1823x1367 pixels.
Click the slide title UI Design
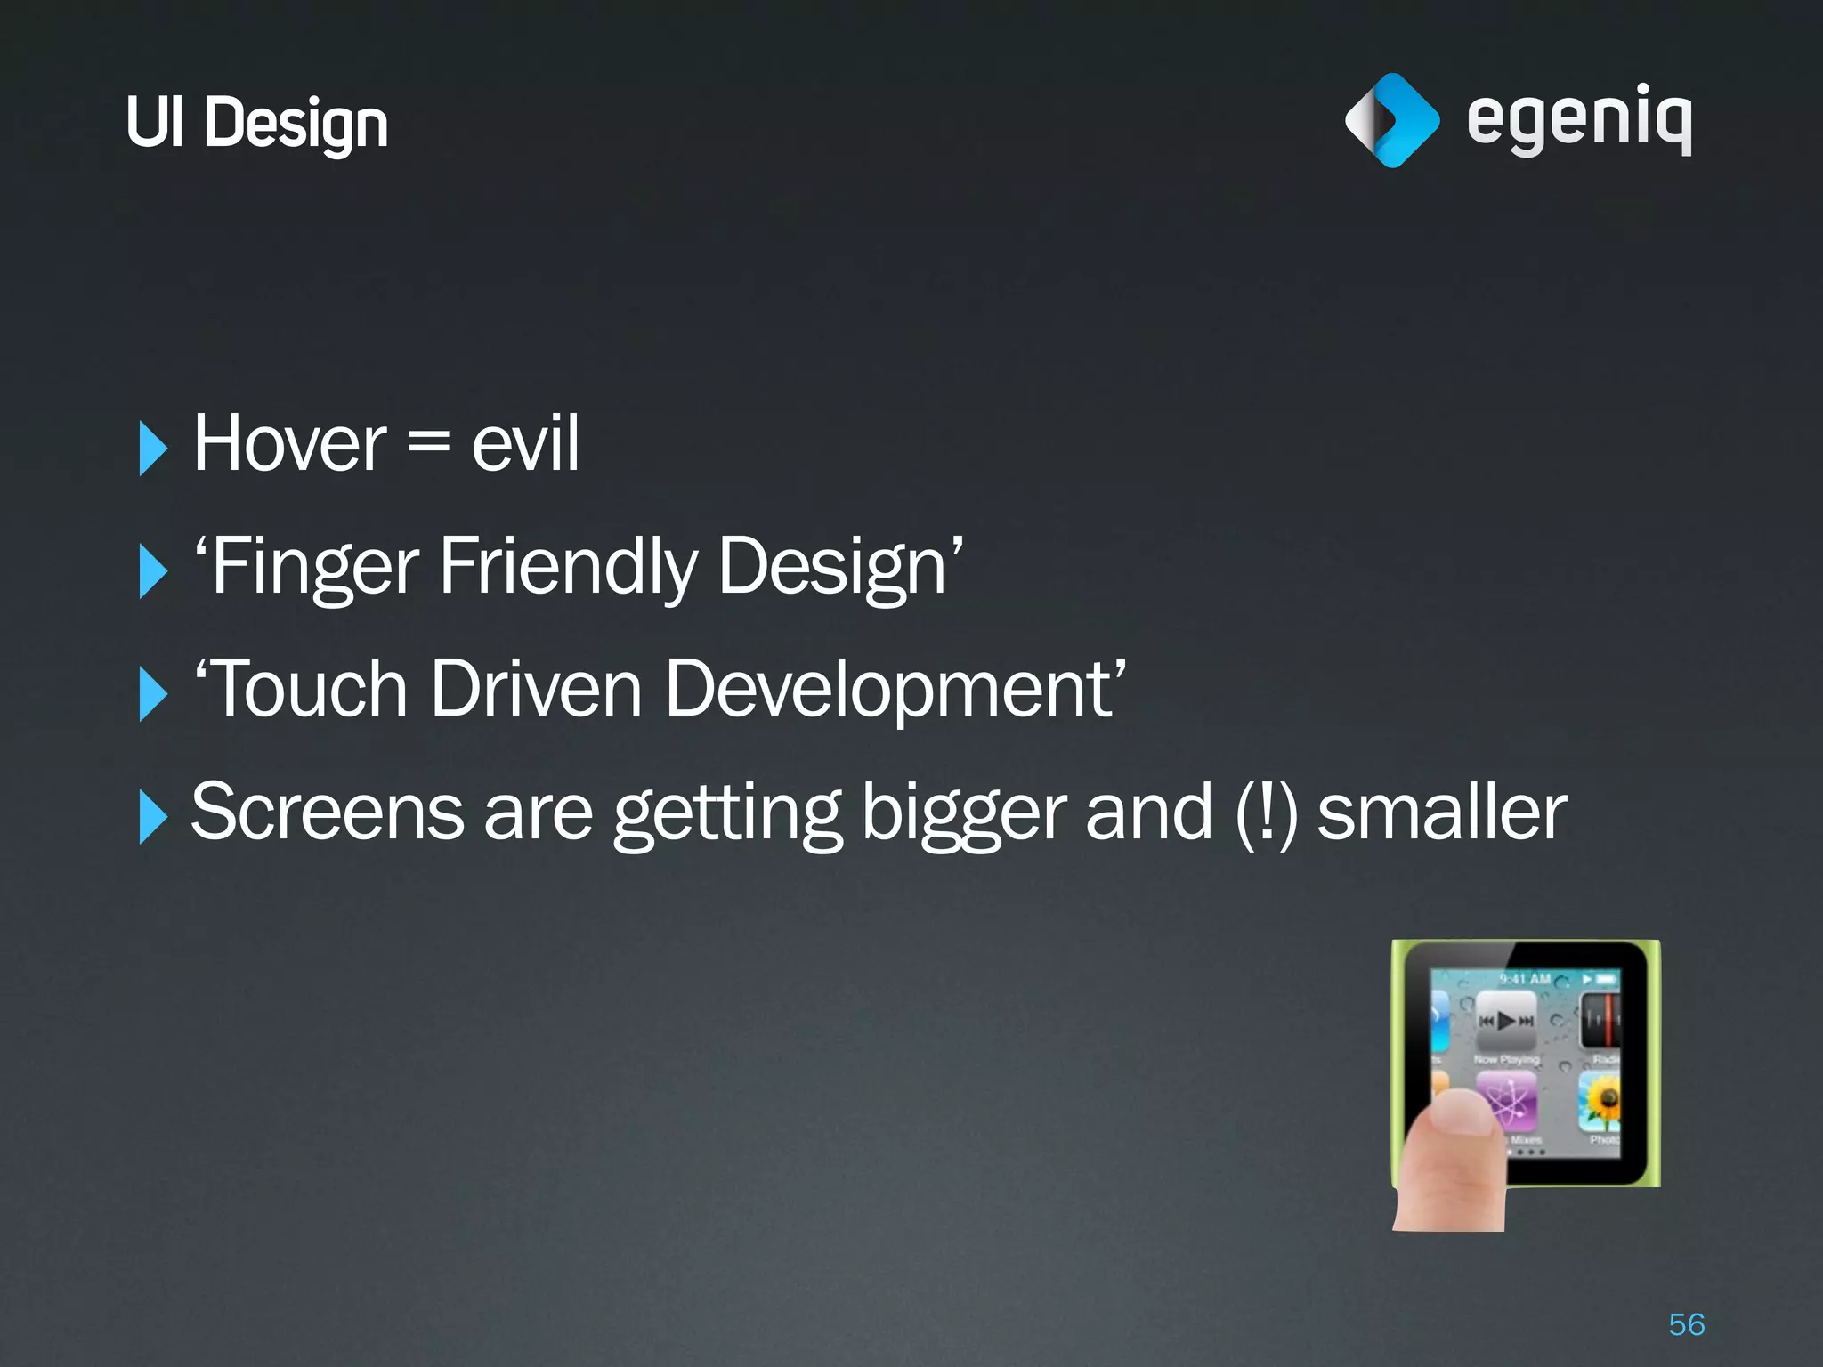[x=256, y=123]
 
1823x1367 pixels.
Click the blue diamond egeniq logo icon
[x=1391, y=120]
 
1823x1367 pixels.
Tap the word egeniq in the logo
[x=1578, y=120]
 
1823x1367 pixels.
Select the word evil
[x=524, y=444]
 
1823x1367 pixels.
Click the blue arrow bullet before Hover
[x=152, y=449]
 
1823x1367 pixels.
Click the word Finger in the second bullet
[x=314, y=567]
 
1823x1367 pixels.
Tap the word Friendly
[x=568, y=567]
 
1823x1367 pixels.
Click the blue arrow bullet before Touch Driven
[x=152, y=694]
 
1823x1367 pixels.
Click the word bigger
[x=962, y=813]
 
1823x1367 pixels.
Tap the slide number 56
[x=1686, y=1324]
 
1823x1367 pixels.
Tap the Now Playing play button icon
[x=1506, y=1020]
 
